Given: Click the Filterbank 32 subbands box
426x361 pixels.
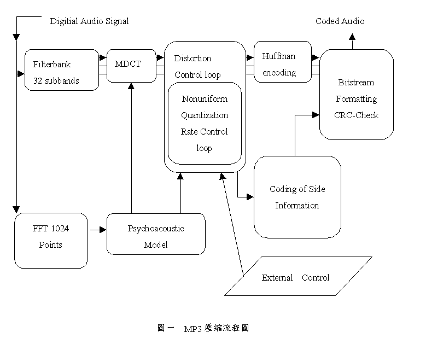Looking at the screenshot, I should (61, 71).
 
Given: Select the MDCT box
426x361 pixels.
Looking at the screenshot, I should (131, 65).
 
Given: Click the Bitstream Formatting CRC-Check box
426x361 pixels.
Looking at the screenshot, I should (356, 98).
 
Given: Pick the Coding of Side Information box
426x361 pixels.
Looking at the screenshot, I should (297, 197).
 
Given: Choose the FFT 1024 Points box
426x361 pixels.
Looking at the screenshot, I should (51, 240).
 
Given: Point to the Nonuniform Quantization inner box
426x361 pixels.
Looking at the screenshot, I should (205, 123).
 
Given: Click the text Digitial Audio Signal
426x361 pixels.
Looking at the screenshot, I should (89, 21).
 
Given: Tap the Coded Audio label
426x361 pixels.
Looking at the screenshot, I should (340, 21).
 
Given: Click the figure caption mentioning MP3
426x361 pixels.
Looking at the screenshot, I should (204, 328).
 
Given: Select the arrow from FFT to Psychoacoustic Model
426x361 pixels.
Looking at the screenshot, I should (97, 230).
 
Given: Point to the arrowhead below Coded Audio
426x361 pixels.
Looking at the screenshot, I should (353, 36).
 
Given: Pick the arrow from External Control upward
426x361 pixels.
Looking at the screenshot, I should (232, 224).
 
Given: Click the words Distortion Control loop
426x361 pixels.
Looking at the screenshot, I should (197, 66).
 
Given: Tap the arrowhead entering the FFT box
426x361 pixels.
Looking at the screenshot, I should (16, 209).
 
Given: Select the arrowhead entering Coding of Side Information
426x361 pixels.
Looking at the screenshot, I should (250, 196).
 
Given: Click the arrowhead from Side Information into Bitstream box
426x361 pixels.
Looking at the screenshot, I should (316, 115).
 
